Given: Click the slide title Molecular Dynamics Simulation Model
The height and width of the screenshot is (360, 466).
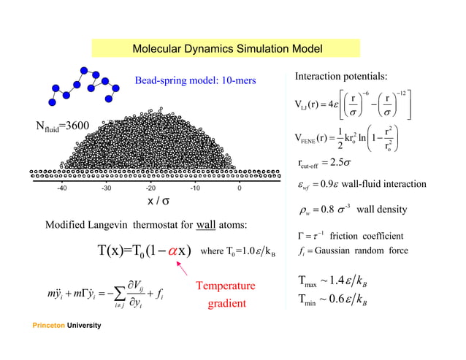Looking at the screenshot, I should click(x=226, y=50).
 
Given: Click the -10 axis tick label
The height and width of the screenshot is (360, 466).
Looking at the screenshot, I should click(x=195, y=188).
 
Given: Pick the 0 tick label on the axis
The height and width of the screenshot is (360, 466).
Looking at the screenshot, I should click(x=240, y=188).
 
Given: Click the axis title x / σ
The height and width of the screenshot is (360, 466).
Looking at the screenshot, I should click(x=159, y=201).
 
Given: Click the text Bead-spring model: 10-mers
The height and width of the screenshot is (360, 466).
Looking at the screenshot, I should click(x=195, y=80).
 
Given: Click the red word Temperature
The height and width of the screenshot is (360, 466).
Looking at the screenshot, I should click(x=226, y=286).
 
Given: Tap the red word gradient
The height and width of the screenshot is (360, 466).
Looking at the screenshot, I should click(x=226, y=303).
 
